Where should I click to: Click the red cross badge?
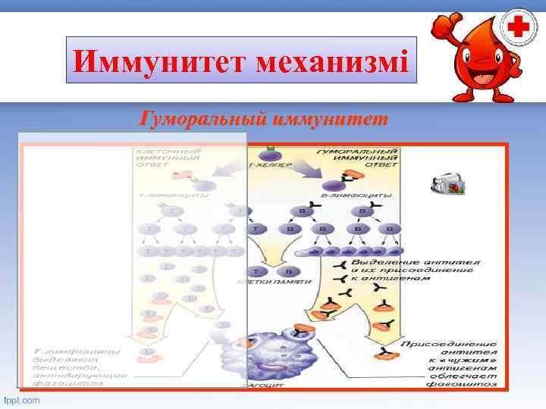click(x=518, y=29)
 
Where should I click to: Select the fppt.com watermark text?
click(x=22, y=399)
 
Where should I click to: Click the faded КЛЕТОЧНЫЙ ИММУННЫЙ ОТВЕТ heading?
click(x=168, y=158)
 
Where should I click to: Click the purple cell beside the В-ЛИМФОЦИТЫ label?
click(x=331, y=184)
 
